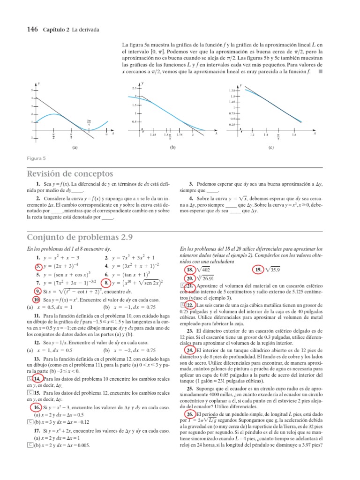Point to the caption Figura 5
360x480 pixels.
click(x=36, y=158)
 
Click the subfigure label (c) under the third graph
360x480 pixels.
click(x=271, y=147)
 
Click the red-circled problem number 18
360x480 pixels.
click(x=190, y=270)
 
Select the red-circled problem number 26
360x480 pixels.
click(x=190, y=402)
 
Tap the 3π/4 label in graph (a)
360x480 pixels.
click(x=89, y=123)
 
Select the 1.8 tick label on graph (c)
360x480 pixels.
click(x=294, y=135)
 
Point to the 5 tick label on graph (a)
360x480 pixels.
click(x=32, y=90)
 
